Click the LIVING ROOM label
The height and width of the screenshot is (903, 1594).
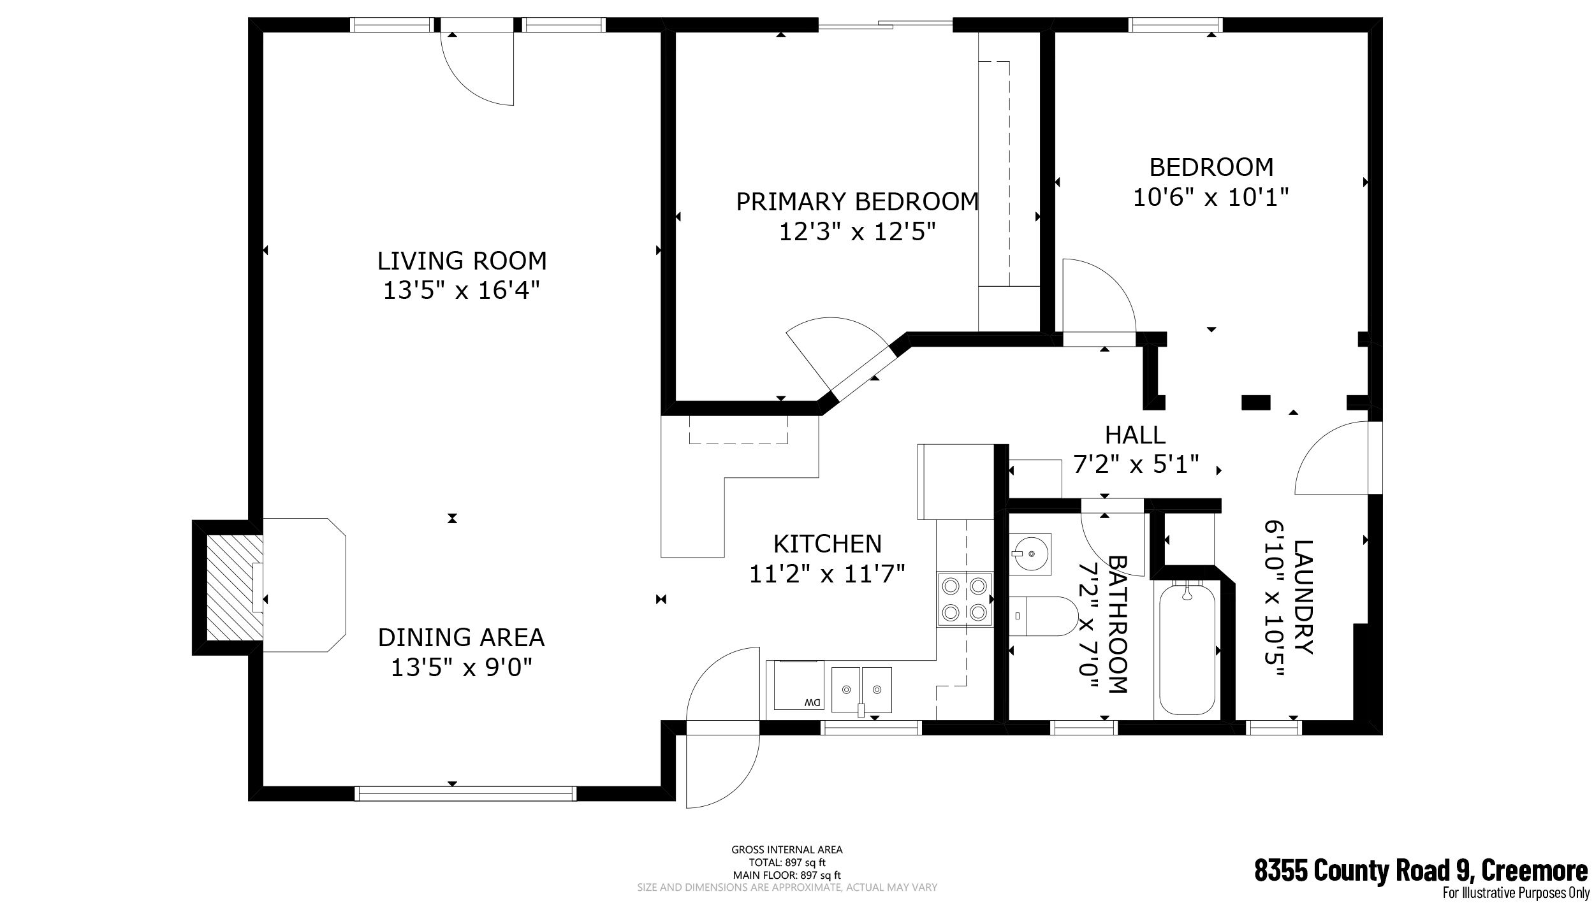(x=462, y=261)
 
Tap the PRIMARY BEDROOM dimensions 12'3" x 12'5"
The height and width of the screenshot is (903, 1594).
(x=858, y=231)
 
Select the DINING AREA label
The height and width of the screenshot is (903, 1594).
(x=461, y=637)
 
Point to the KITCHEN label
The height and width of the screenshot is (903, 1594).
(x=827, y=544)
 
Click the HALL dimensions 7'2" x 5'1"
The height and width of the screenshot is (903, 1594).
(x=1136, y=465)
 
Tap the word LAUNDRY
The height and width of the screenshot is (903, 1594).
(x=1303, y=597)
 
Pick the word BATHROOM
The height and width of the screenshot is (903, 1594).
(x=1118, y=625)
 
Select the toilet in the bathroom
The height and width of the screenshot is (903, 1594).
(x=1042, y=616)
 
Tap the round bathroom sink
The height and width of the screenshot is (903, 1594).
(x=1030, y=554)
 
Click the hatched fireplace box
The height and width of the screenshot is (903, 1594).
(x=234, y=587)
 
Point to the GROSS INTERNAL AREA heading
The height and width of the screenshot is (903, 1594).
(x=787, y=849)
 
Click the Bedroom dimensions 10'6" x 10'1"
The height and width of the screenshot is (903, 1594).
(x=1211, y=197)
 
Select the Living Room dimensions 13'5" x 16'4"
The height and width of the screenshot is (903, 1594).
(x=462, y=291)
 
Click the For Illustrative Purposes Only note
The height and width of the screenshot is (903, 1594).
(x=1515, y=893)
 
